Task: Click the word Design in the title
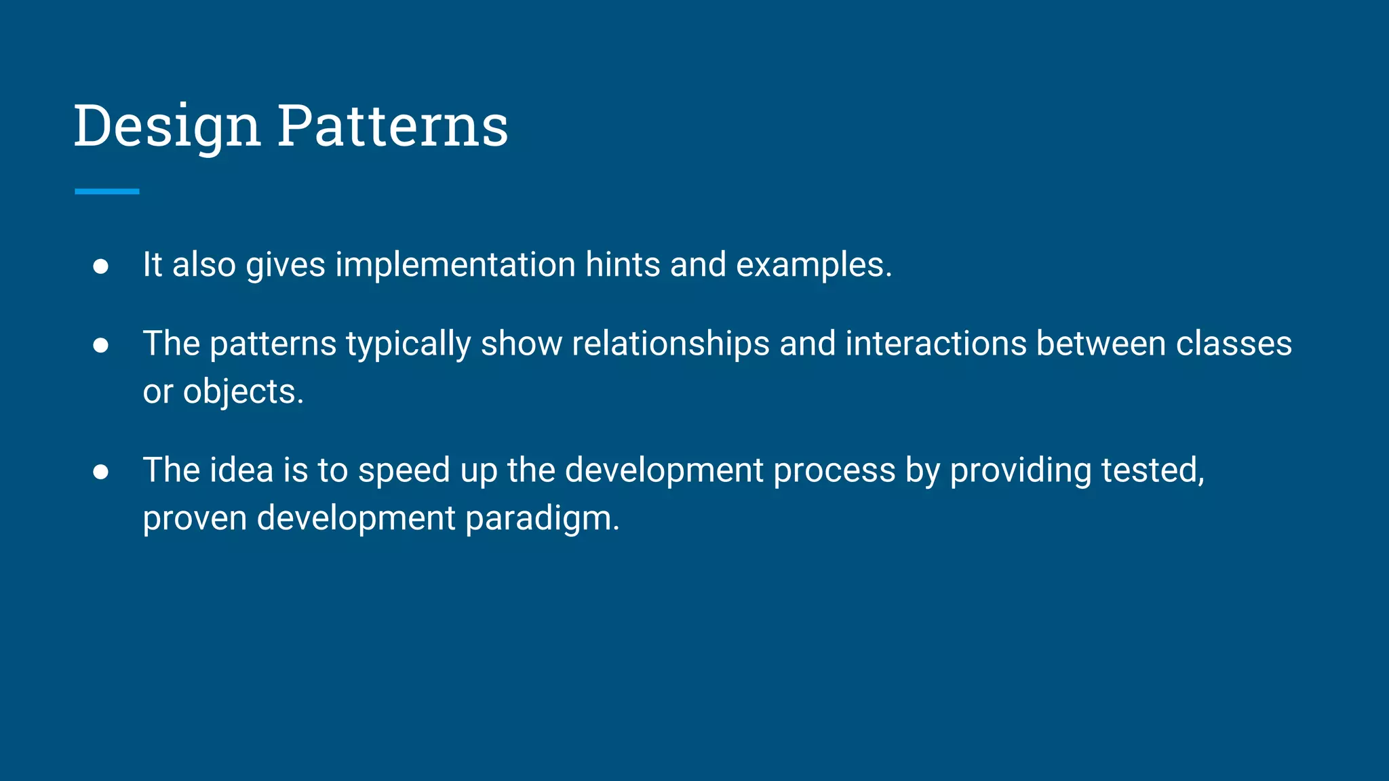coord(167,126)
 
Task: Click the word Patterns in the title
coord(393,126)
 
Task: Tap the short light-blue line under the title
coord(107,192)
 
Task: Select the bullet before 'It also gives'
coord(100,266)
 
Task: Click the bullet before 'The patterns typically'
coord(100,345)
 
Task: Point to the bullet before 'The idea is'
coord(100,472)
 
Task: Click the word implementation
coord(455,264)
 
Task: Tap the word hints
coord(622,264)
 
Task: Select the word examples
coord(813,266)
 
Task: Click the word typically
coord(408,344)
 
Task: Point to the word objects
coord(243,393)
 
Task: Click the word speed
coord(404,471)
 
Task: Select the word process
coord(834,471)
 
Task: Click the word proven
coord(195,519)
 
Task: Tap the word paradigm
coord(542,519)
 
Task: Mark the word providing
coord(1020,471)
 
